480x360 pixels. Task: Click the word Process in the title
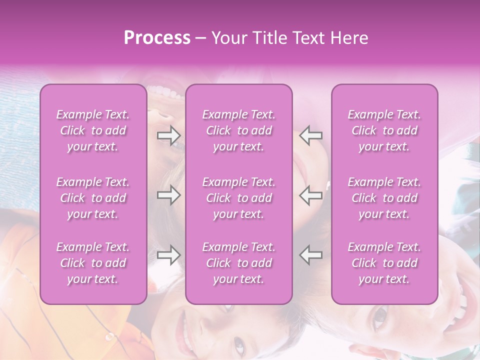tap(157, 38)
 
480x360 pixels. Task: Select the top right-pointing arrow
tap(168, 135)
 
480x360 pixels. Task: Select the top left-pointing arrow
tap(311, 135)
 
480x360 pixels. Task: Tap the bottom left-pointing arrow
tap(311, 254)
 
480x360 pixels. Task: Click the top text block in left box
tap(93, 130)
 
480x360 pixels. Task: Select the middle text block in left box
tap(93, 198)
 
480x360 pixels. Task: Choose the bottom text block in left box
tap(93, 263)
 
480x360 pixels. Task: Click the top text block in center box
tap(238, 130)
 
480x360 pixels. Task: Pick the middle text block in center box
tap(238, 198)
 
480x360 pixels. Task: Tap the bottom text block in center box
tap(238, 263)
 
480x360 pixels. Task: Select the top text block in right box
tap(384, 130)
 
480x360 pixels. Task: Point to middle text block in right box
tap(384, 198)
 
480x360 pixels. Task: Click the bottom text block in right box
tap(384, 263)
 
